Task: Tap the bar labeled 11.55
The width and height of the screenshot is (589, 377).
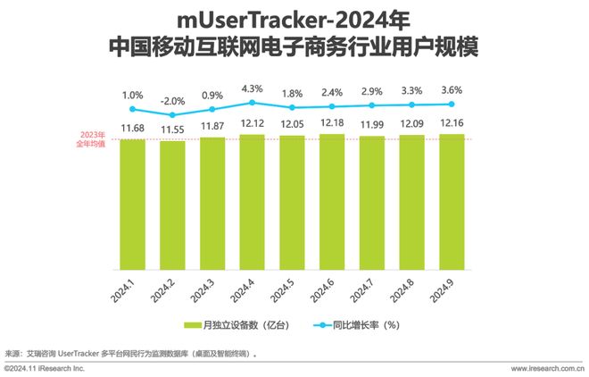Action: (172, 205)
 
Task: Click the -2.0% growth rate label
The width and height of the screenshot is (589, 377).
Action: (171, 100)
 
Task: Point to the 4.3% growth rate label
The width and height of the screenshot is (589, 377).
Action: (252, 88)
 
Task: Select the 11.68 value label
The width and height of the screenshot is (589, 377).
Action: (132, 127)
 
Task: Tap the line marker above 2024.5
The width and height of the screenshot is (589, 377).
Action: (292, 108)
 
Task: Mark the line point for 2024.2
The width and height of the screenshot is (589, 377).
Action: (172, 114)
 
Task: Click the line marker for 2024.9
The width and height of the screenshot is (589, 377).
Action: (451, 105)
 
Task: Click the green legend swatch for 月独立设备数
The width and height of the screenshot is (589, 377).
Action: (191, 325)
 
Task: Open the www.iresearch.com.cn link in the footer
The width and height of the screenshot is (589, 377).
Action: (546, 368)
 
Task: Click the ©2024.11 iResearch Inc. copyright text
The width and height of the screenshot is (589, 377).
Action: (44, 368)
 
